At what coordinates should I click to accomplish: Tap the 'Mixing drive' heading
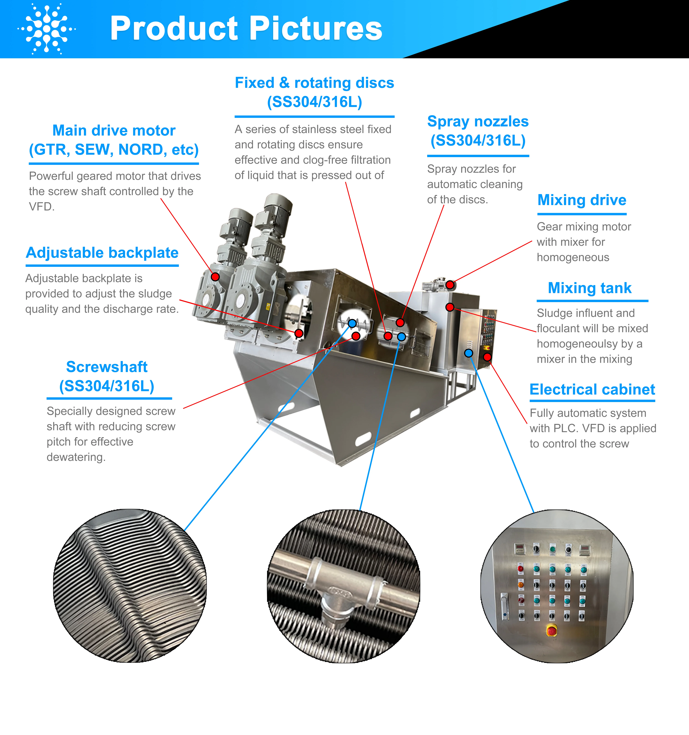tap(582, 200)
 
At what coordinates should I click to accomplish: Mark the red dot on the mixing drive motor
tap(450, 285)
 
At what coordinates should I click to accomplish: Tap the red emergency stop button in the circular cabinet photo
tap(552, 630)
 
